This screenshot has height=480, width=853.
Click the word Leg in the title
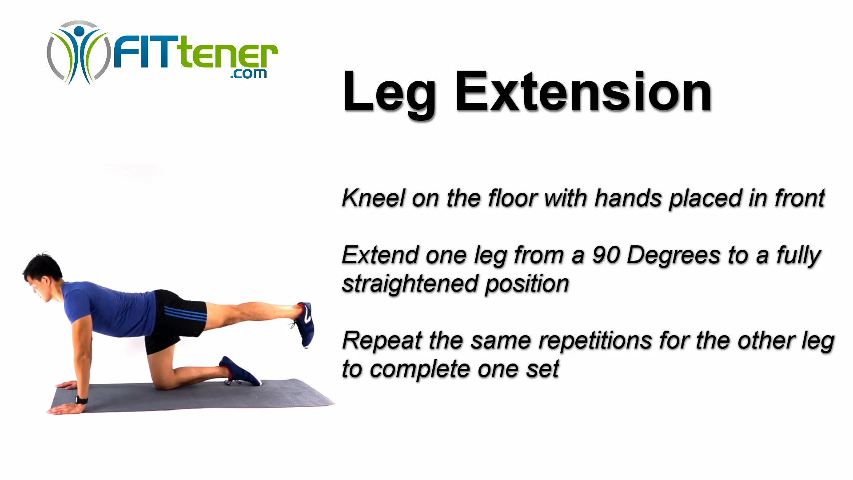click(390, 94)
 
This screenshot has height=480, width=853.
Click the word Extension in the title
click(583, 91)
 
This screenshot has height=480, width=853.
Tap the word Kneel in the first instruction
click(373, 198)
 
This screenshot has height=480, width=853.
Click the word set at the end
click(542, 370)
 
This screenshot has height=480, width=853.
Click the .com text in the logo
click(248, 74)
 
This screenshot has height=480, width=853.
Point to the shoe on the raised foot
click(305, 324)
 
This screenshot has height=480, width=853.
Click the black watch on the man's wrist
click(82, 400)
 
